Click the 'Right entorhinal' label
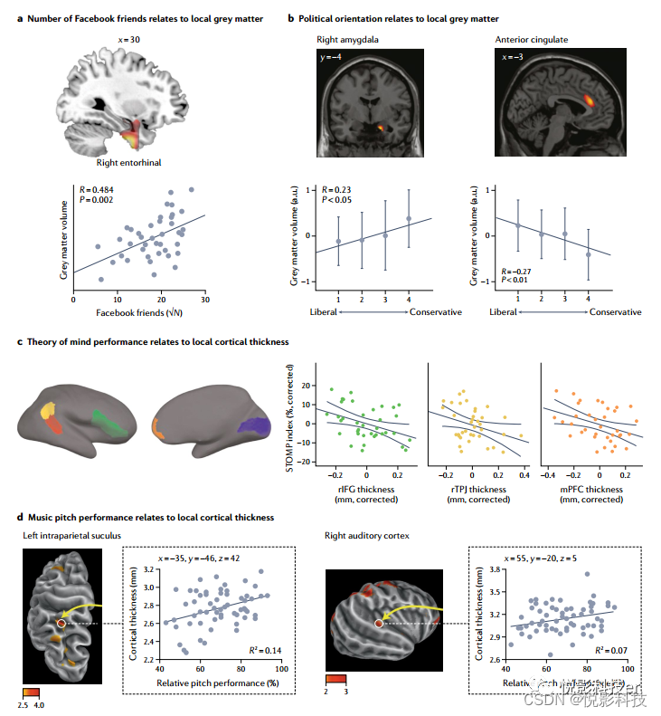(x=129, y=164)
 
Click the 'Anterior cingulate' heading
(x=534, y=40)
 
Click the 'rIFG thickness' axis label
(x=365, y=490)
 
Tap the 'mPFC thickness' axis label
(x=590, y=490)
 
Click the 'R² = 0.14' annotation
(x=263, y=651)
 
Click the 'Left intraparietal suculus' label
(x=71, y=536)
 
